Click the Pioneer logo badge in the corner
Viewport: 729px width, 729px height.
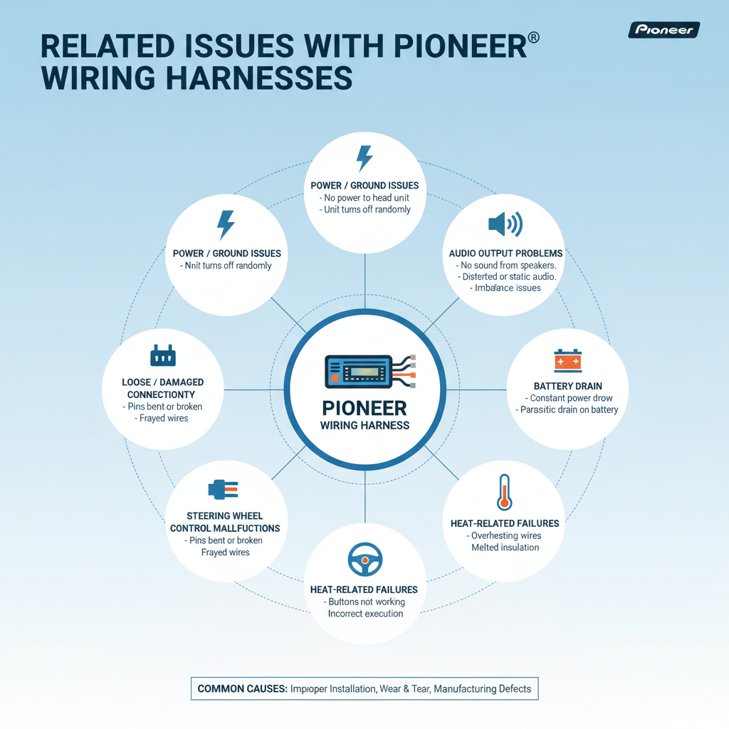[664, 30]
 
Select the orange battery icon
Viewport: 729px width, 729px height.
[567, 361]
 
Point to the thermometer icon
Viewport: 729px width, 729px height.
[505, 492]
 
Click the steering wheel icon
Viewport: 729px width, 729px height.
[364, 561]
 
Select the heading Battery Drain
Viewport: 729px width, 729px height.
[567, 387]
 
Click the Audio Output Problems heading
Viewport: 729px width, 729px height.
[506, 253]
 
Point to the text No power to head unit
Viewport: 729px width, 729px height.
[367, 197]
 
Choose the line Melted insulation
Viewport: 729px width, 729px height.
[505, 547]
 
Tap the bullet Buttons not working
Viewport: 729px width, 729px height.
[364, 602]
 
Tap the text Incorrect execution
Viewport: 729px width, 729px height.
[365, 614]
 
